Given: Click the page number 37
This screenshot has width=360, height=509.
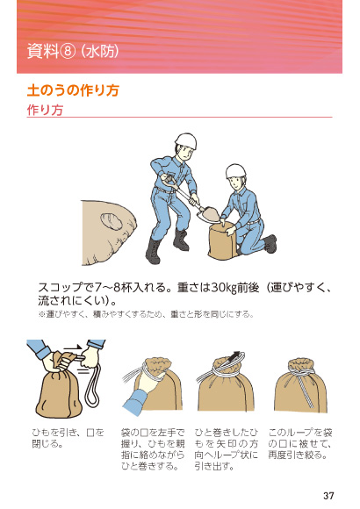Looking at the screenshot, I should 328,495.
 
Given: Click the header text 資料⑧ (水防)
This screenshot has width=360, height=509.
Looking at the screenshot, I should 68,52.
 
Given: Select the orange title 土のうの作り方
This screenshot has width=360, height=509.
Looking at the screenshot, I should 73,90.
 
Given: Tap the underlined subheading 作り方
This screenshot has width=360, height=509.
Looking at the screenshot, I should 45,111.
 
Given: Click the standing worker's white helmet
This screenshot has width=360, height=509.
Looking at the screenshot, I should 185,141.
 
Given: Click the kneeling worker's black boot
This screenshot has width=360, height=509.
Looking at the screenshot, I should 269,243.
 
